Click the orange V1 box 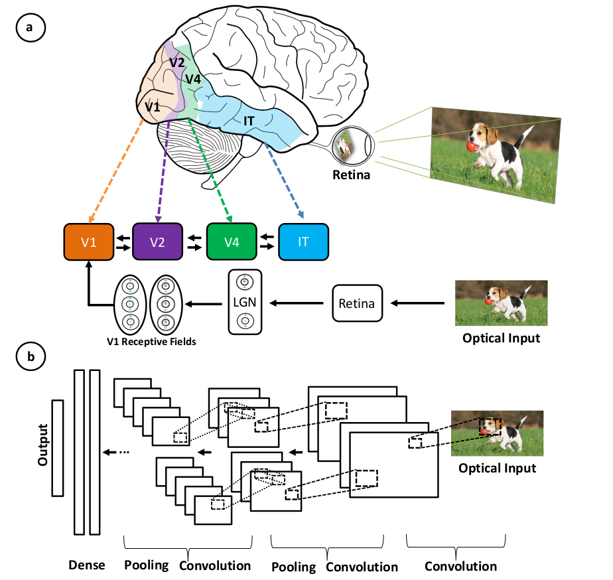(x=88, y=242)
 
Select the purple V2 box (x=157, y=242)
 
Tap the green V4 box (x=232, y=242)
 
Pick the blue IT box (x=303, y=242)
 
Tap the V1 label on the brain (x=153, y=106)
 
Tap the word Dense (x=86, y=565)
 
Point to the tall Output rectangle (x=57, y=448)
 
